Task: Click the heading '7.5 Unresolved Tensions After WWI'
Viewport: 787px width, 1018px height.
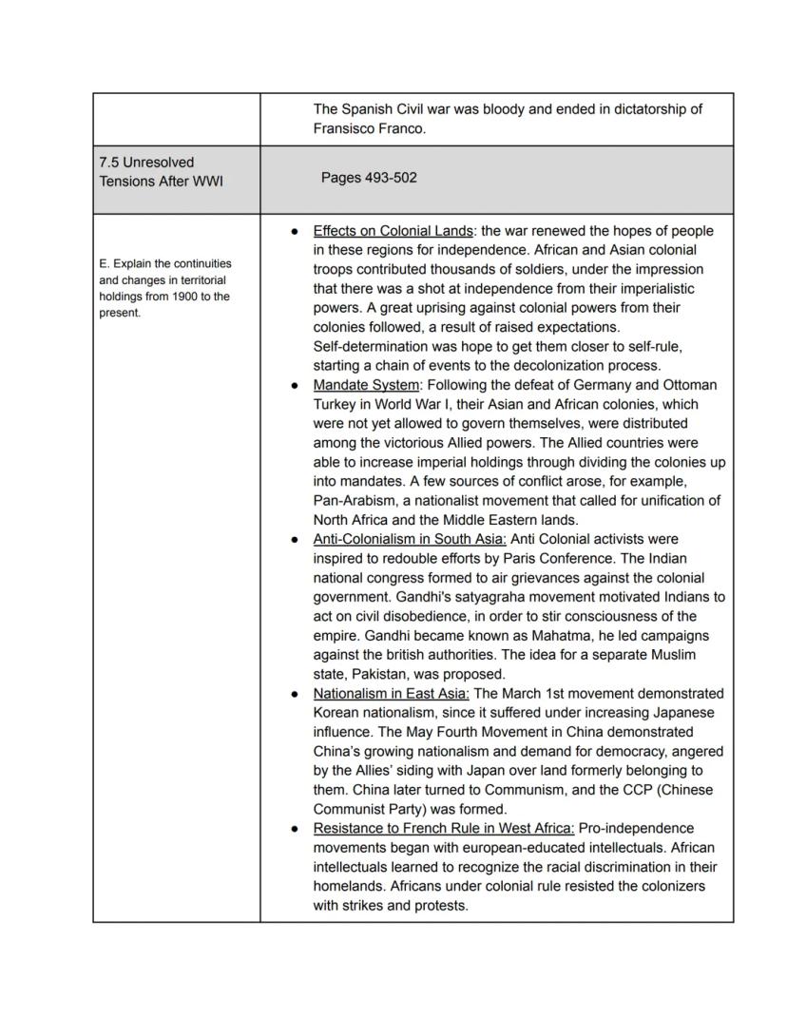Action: (160, 171)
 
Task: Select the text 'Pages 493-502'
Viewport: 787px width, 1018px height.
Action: (369, 178)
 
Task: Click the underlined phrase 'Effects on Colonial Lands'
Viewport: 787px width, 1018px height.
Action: (393, 231)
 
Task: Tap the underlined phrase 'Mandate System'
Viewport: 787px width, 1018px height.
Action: (366, 385)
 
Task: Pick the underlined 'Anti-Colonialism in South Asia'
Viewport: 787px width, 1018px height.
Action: (410, 539)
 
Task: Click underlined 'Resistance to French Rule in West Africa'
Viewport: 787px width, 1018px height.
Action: (443, 828)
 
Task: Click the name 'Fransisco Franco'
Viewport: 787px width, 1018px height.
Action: (369, 128)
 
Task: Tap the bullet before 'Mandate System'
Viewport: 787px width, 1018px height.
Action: (296, 386)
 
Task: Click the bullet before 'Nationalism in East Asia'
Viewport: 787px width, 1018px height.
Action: (296, 694)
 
